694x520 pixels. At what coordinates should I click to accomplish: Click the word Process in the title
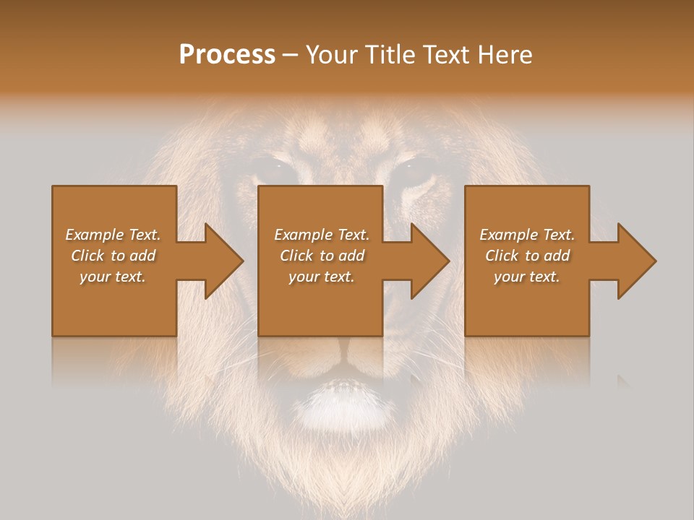[227, 55]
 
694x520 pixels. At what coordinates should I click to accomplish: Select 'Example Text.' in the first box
[113, 235]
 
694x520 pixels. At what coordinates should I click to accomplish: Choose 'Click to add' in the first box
[113, 256]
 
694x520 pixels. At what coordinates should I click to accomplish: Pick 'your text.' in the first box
[113, 277]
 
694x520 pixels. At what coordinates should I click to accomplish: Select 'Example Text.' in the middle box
[322, 235]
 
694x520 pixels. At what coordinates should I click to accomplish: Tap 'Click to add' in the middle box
[322, 256]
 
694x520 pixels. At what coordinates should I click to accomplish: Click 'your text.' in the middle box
[322, 277]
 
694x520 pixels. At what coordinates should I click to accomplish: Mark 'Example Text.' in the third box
[527, 235]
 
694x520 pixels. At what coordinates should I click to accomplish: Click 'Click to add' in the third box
[527, 256]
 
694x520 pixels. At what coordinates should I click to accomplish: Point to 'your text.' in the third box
[527, 277]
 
